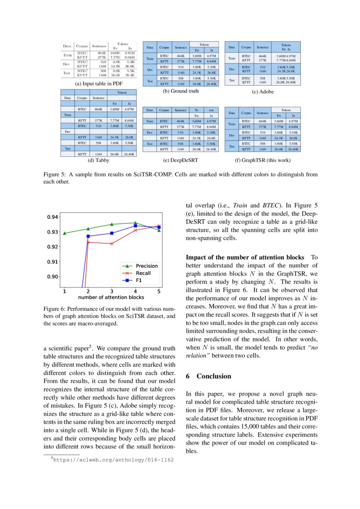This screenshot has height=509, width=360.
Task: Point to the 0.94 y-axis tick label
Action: [52, 217]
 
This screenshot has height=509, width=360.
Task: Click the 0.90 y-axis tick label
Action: [52, 277]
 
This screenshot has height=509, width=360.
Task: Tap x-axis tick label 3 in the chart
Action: [111, 291]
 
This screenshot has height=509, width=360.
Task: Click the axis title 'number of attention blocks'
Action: [111, 297]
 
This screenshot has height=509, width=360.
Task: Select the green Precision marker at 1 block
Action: [64, 233]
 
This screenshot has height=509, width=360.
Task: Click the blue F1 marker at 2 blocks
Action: [88, 236]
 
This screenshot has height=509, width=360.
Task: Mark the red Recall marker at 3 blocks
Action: [111, 243]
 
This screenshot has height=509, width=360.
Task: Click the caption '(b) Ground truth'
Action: [181, 91]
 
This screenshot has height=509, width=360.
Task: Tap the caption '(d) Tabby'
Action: [98, 160]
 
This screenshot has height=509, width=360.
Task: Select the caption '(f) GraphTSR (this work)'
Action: [262, 160]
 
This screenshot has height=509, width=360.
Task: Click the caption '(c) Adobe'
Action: [262, 92]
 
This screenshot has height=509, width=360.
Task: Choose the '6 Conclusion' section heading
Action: [209, 376]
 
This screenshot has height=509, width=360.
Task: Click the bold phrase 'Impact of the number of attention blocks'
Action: [246, 257]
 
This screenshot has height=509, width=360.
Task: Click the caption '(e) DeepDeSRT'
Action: [181, 160]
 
